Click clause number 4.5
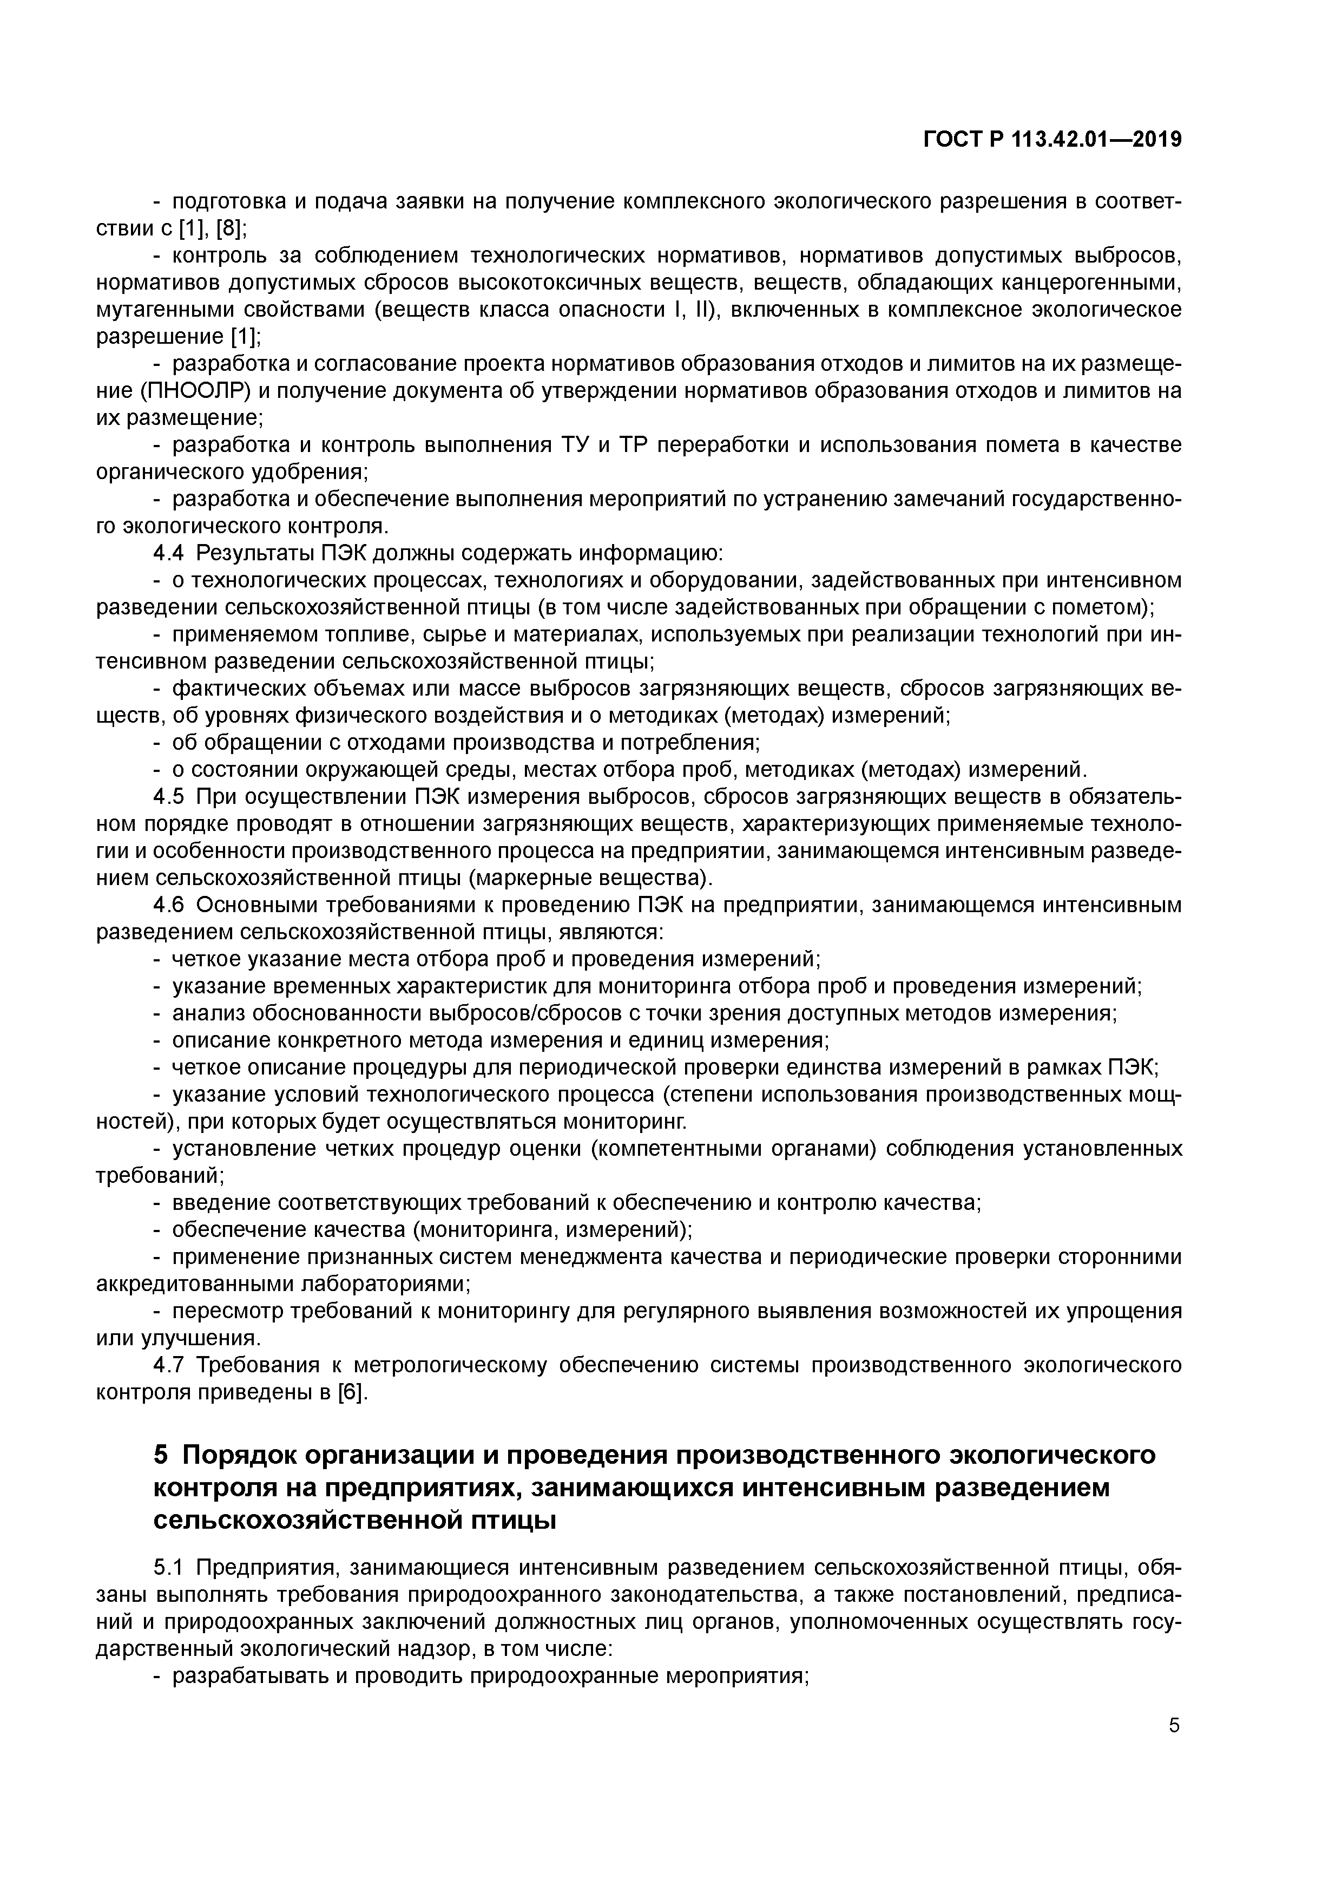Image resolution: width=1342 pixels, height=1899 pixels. click(x=169, y=797)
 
